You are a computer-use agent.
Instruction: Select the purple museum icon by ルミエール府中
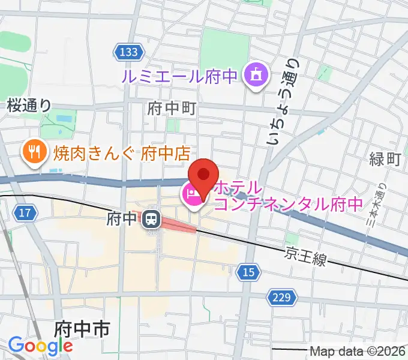[255, 76]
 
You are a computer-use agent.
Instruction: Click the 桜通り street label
[29, 105]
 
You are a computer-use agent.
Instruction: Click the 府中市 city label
[81, 329]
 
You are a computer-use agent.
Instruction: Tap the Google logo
[40, 346]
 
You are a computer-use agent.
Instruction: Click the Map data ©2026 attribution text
[358, 351]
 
